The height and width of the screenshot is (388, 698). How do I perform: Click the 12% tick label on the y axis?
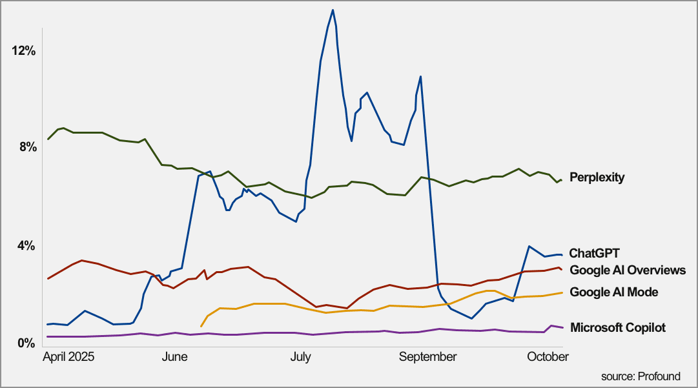point(23,50)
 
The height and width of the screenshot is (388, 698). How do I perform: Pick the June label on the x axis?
point(175,357)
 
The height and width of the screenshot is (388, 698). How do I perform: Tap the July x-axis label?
point(300,357)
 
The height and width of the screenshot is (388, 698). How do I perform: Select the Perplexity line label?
point(597,177)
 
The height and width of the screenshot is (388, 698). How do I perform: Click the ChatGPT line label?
point(594,253)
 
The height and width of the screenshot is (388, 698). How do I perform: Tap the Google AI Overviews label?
point(628,270)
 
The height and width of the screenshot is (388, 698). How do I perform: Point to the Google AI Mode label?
point(614,292)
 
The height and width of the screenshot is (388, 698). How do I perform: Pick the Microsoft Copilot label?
point(618,327)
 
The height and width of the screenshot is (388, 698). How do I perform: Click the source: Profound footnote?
point(640,376)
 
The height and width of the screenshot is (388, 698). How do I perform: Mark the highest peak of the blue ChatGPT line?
point(333,10)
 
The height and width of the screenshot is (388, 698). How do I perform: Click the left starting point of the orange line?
point(201,326)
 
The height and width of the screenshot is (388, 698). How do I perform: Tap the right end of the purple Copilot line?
point(562,327)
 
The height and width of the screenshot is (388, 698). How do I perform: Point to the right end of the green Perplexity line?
point(562,179)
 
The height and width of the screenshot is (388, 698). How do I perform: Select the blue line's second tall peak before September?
point(420,77)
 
